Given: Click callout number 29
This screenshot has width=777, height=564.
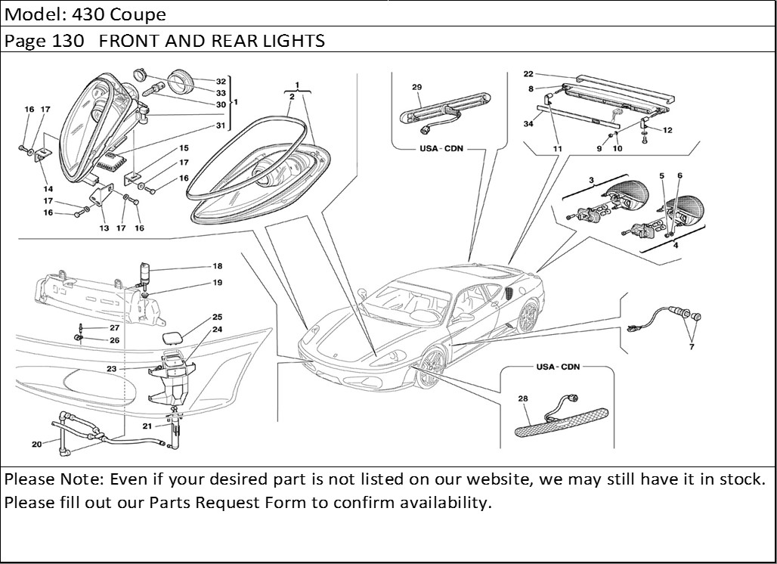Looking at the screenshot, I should pyautogui.click(x=416, y=88).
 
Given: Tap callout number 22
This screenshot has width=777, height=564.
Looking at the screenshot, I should pyautogui.click(x=528, y=74).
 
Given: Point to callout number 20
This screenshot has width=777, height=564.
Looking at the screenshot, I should pyautogui.click(x=36, y=445).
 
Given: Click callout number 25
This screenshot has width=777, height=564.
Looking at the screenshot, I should pyautogui.click(x=217, y=317).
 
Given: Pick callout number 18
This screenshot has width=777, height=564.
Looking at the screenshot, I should pyautogui.click(x=217, y=267).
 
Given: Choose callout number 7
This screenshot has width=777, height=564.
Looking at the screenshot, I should pyautogui.click(x=691, y=347).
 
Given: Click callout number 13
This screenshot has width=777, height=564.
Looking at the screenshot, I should pyautogui.click(x=103, y=228).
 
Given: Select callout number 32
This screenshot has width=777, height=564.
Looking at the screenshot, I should pyautogui.click(x=221, y=81).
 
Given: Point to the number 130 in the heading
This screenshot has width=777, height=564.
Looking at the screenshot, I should pyautogui.click(x=73, y=41).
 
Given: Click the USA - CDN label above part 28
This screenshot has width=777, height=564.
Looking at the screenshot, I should pyautogui.click(x=559, y=367).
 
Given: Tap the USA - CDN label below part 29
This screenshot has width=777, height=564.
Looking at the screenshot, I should pyautogui.click(x=441, y=148).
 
